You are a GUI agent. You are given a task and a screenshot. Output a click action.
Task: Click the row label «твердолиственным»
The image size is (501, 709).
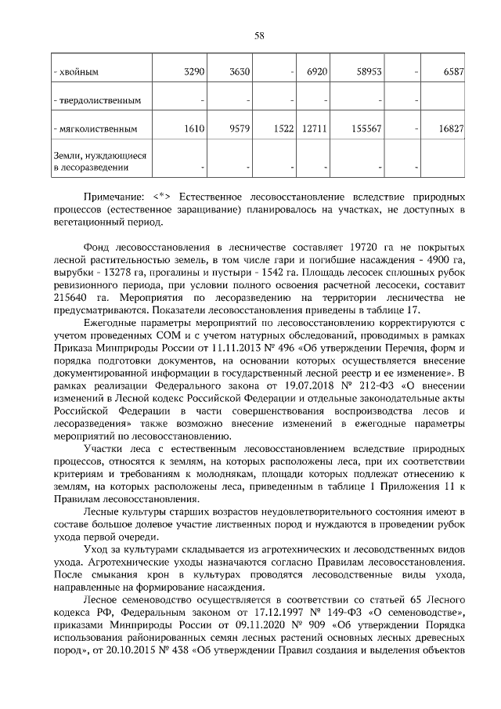click(97, 101)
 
